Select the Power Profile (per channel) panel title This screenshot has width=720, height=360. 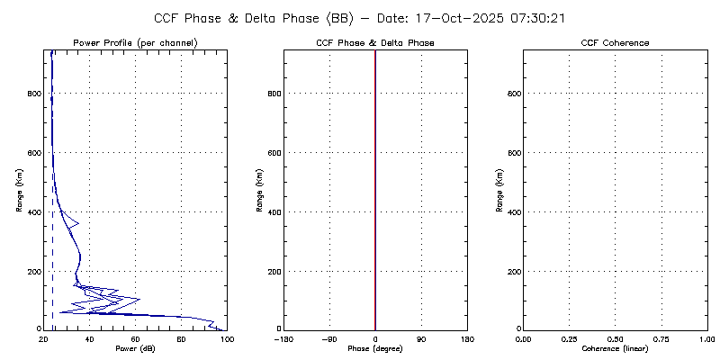click(135, 43)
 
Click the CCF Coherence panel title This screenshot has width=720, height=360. click(615, 43)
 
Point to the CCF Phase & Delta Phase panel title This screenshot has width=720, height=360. click(375, 43)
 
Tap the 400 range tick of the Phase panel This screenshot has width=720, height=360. click(274, 211)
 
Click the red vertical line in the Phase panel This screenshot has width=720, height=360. click(375, 180)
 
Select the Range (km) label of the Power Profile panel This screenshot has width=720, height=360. click(20, 190)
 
